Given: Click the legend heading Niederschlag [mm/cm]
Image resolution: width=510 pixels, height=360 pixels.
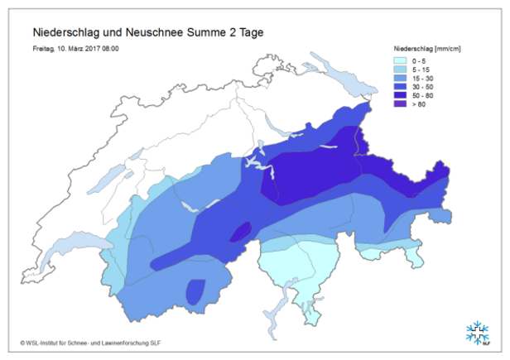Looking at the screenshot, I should tap(426, 50).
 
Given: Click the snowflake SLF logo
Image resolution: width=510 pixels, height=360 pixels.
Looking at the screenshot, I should tap(477, 333).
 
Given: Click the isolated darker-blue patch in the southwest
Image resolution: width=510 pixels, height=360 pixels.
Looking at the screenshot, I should tap(196, 291).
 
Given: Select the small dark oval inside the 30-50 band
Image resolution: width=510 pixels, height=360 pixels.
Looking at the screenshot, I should tap(240, 233).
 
